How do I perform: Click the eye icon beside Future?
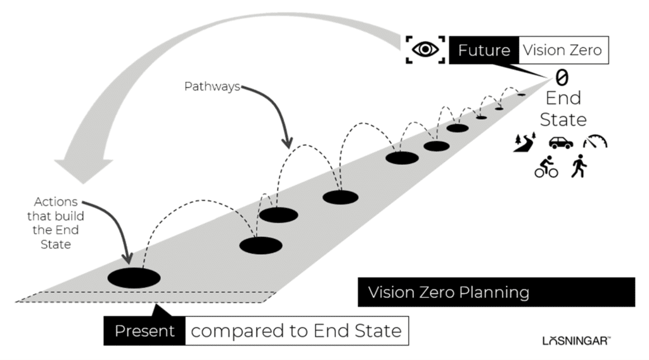click(425, 49)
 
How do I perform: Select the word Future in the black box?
click(484, 49)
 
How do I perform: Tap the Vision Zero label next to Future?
click(562, 49)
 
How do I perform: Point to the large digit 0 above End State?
click(562, 77)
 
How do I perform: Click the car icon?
click(561, 143)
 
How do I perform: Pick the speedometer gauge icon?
click(595, 141)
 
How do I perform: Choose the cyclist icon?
click(546, 169)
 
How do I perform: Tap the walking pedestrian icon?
click(579, 167)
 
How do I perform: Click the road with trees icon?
click(525, 143)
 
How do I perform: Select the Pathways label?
click(212, 87)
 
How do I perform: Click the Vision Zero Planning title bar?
click(496, 292)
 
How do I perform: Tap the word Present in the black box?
click(145, 331)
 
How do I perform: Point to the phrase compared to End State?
click(296, 331)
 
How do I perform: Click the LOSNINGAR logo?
click(576, 341)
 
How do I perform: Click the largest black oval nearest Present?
click(134, 278)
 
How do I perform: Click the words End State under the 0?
click(563, 109)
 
